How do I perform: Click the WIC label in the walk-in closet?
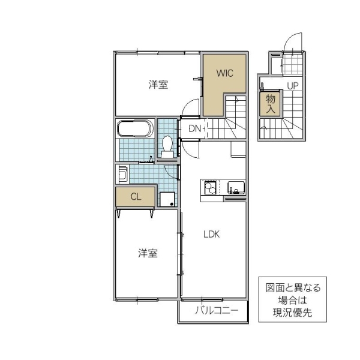point(224,73)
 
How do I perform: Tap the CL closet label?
point(136,196)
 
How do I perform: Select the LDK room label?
point(211,235)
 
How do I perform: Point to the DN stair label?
point(195,128)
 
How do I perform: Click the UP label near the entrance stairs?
point(292,86)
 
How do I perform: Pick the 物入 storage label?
point(270,103)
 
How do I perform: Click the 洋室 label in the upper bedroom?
point(158,85)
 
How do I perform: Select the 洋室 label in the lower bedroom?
point(148,253)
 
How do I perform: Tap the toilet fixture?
point(167,146)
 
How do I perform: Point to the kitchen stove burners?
point(211,188)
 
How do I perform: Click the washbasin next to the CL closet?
point(122,175)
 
